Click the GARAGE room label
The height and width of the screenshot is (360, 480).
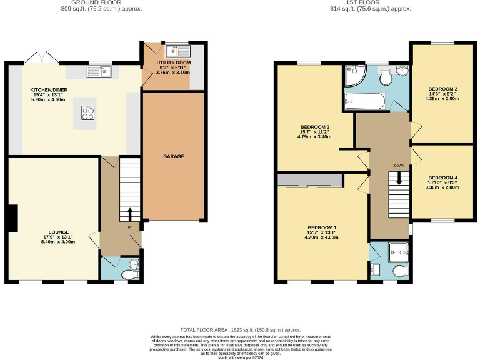tap(174, 156)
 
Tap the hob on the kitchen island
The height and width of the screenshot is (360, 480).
tap(87, 112)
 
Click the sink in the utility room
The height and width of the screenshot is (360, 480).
tap(172, 51)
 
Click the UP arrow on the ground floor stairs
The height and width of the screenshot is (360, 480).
tap(130, 214)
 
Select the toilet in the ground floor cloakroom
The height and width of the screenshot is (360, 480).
tap(129, 274)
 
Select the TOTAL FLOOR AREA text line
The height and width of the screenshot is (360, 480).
tap(240, 329)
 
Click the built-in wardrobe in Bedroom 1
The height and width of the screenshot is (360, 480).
tap(309, 181)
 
